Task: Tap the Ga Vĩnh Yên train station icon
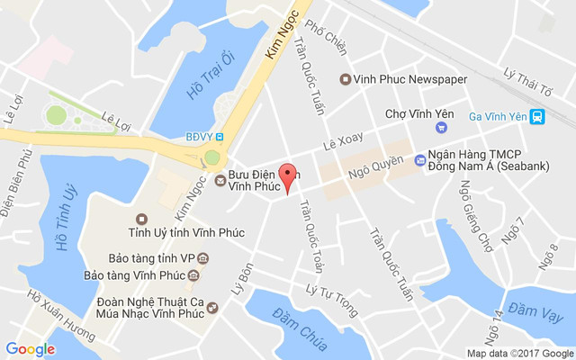537,116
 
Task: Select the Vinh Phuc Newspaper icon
345,79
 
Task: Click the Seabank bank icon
419,160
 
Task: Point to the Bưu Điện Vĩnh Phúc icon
220,181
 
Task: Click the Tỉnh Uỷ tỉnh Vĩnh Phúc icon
140,220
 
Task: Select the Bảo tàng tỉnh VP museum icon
203,258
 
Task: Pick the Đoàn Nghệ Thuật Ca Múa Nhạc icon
212,308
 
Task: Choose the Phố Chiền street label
326,40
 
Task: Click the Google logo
30,348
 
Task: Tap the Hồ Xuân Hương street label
60,314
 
